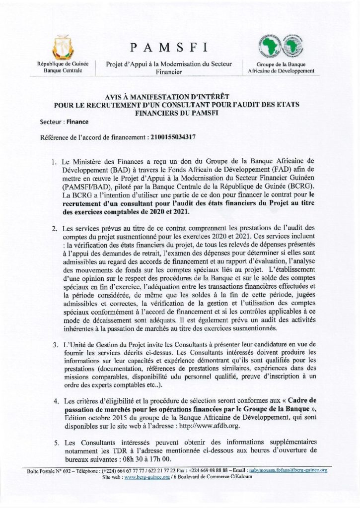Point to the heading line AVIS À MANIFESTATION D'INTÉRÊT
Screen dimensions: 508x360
click(x=180, y=98)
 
